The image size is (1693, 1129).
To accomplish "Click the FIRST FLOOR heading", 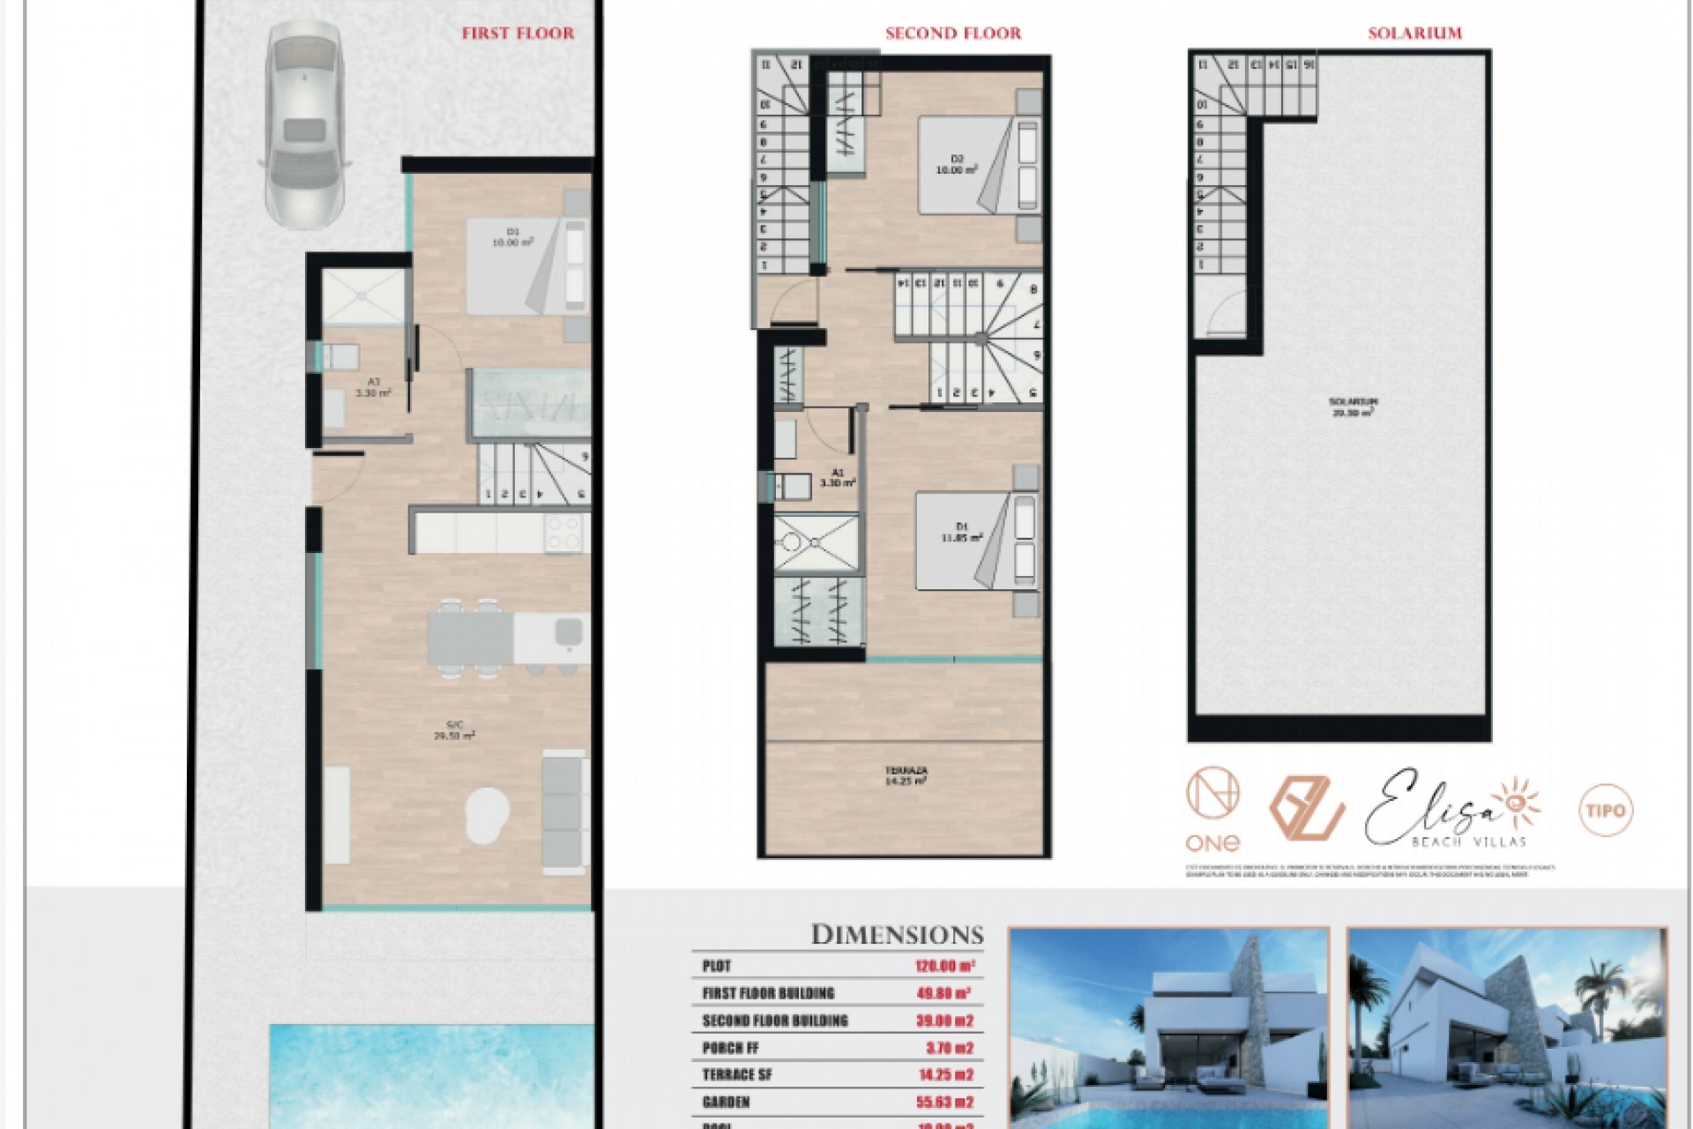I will [518, 34].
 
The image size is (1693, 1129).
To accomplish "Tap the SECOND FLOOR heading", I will [952, 34].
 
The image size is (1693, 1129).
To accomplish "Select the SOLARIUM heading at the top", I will [1414, 34].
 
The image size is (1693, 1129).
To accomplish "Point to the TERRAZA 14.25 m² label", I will [906, 775].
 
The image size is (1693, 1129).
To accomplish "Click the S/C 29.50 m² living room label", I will [455, 729].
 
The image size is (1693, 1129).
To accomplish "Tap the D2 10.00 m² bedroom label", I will [958, 165].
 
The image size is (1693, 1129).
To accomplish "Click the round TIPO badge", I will [1605, 810].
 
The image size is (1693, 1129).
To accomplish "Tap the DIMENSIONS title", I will [897, 935].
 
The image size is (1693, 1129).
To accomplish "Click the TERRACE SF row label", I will [736, 1075].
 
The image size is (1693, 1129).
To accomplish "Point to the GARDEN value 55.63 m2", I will [943, 1102].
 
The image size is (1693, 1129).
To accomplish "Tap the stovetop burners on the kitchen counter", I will [565, 533].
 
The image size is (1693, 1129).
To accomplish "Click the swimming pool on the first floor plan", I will [430, 1076].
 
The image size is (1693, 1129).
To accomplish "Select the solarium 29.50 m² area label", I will [1353, 407].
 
